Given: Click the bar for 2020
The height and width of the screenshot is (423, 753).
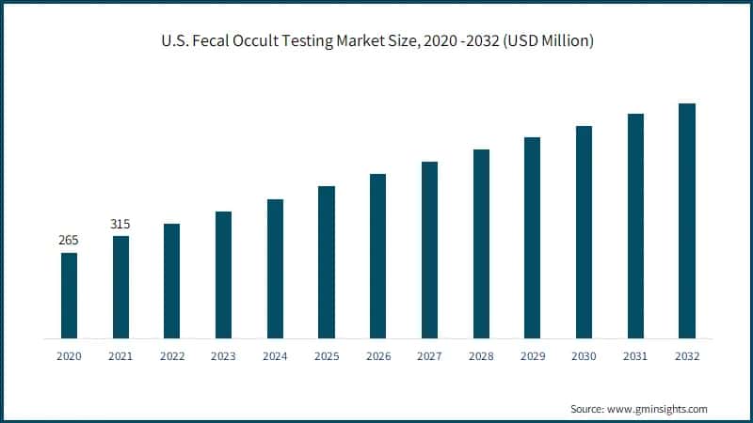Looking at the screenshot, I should pos(69,295).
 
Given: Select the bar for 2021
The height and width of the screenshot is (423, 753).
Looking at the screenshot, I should pos(120,287).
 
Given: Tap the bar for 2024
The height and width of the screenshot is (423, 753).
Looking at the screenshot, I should pos(275,269).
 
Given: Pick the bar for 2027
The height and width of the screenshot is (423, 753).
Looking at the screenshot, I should pos(429,250).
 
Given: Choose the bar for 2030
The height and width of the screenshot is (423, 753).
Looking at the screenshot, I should pos(584,232).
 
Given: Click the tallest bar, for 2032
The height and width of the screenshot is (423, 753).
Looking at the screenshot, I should pos(687,221).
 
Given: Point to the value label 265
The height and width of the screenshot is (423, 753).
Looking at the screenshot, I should pos(69,241).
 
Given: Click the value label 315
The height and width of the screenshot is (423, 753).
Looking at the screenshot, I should pos(120,224).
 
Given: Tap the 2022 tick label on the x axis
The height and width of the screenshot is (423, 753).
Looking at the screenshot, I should pos(172,356).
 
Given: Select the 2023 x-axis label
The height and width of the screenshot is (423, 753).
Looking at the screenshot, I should pos(224,356).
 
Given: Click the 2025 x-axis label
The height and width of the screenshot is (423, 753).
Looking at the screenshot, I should pos(327,356).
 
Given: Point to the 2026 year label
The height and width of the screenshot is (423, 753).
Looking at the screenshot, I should pos(378,356).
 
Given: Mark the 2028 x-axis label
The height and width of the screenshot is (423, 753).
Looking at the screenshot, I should pos(481,356).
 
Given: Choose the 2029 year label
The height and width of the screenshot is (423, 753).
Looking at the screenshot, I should pos(533,356).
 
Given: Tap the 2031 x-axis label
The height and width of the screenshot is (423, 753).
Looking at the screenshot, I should pos(635,356).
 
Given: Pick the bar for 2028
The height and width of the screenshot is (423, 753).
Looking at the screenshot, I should pos(481,243).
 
